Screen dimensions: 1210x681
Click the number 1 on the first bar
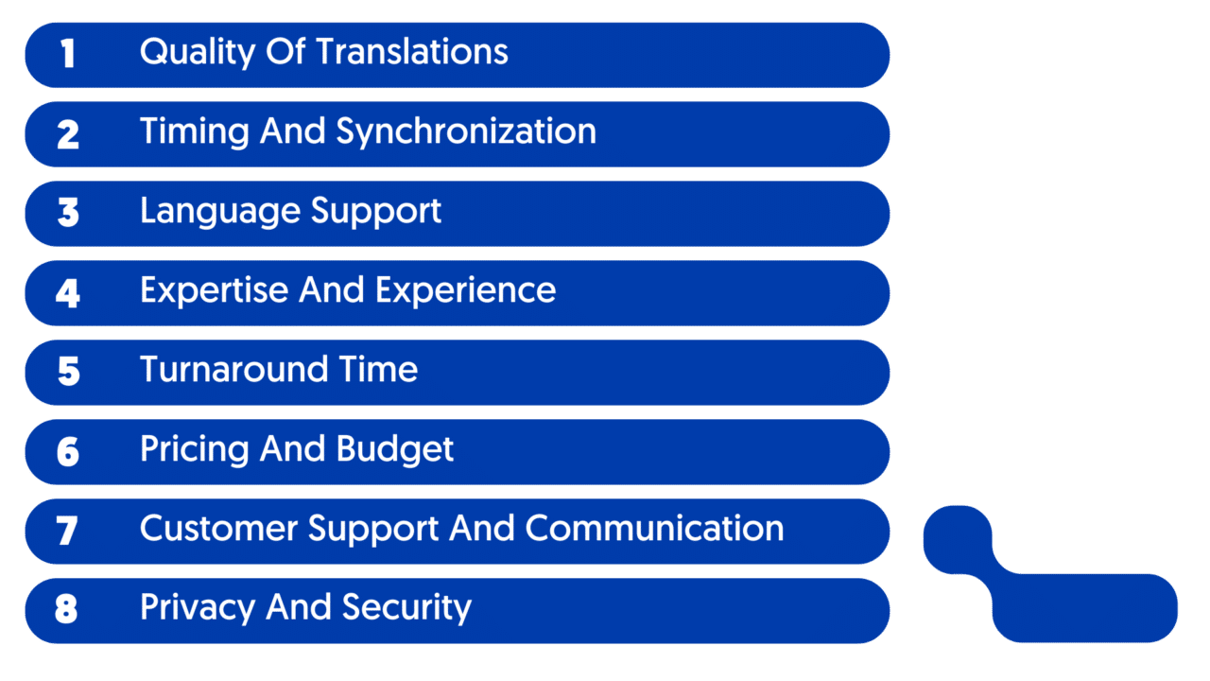tap(67, 54)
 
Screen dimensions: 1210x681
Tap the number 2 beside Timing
tap(68, 134)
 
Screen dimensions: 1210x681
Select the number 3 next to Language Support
tap(68, 213)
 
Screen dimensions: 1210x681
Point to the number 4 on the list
tap(68, 293)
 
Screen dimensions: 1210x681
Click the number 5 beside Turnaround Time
tap(69, 372)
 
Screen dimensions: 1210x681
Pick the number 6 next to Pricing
tap(68, 452)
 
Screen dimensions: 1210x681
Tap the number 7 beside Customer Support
tap(67, 531)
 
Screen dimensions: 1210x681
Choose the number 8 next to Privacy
tap(66, 609)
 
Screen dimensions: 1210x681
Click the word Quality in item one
tap(198, 53)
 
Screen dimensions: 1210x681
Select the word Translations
tap(412, 52)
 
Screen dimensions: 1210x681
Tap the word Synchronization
tap(466, 132)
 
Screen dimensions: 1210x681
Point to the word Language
tap(220, 212)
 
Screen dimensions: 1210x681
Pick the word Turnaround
tap(233, 370)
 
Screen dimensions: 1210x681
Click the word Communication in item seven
tap(655, 528)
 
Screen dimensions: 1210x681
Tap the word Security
tap(406, 608)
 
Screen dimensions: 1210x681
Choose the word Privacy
tap(198, 608)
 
